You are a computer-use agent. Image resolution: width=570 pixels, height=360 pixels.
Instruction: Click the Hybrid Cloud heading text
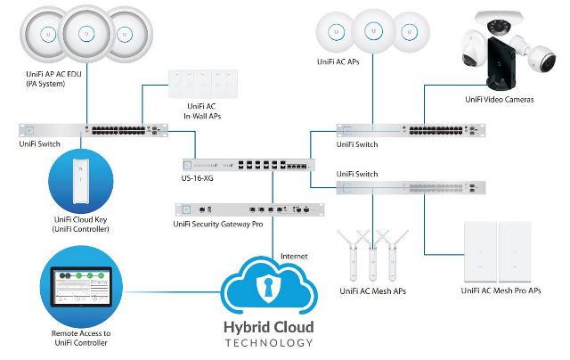pyautogui.click(x=268, y=327)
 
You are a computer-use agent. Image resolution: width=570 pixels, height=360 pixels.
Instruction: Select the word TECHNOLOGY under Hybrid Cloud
pyautogui.click(x=268, y=343)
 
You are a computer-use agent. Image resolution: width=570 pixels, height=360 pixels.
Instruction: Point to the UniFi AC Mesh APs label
pyautogui.click(x=375, y=290)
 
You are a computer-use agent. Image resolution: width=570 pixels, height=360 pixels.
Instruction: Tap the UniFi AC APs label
pyautogui.click(x=341, y=62)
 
